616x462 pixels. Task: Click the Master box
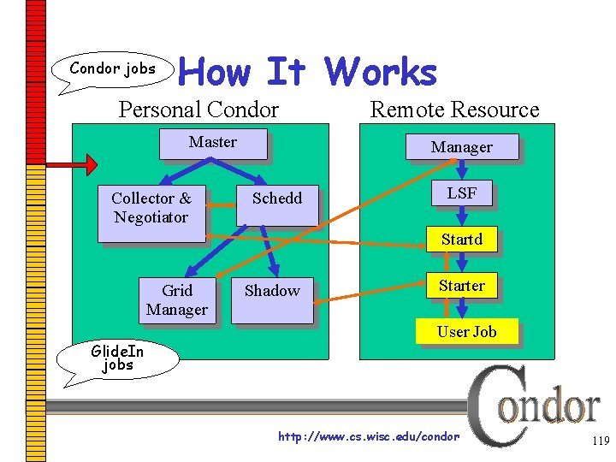(x=212, y=143)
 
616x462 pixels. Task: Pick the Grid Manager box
(x=176, y=300)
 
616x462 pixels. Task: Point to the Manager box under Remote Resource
(x=461, y=147)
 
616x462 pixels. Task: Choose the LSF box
(x=461, y=193)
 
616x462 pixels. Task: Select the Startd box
(x=461, y=240)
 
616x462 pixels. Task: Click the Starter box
(x=461, y=286)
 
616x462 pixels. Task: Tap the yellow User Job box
(x=466, y=332)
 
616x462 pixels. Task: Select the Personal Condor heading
(x=198, y=110)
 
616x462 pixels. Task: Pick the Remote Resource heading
(x=454, y=110)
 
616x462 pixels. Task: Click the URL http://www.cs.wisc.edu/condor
(x=369, y=436)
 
